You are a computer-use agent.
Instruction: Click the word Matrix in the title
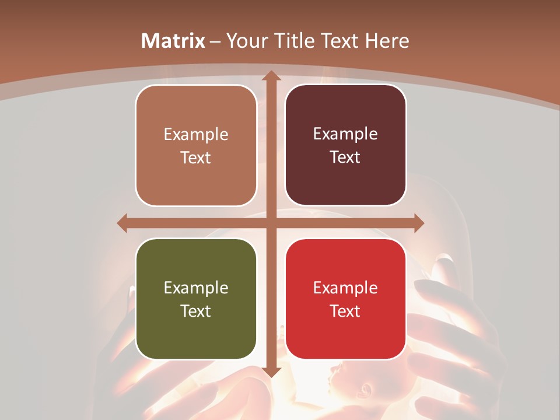click(173, 41)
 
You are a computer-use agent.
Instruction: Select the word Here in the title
click(387, 41)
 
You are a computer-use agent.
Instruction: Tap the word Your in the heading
click(246, 41)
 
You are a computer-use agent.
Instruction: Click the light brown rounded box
click(196, 145)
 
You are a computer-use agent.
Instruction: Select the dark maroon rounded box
click(345, 145)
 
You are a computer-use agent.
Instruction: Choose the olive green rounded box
click(196, 299)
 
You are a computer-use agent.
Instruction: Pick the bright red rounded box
click(345, 299)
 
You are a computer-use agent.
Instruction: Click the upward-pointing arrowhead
click(271, 76)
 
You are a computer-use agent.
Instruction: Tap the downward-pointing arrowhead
click(271, 372)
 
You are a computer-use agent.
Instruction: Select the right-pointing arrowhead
click(418, 223)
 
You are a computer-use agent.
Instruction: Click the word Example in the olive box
click(196, 288)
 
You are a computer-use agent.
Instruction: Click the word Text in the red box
click(345, 311)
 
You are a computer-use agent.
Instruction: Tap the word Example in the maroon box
click(345, 134)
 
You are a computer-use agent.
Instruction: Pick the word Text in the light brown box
click(196, 157)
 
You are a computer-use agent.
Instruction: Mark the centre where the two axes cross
click(271, 223)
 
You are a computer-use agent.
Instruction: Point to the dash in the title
click(215, 41)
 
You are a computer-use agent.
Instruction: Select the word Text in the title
click(338, 41)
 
